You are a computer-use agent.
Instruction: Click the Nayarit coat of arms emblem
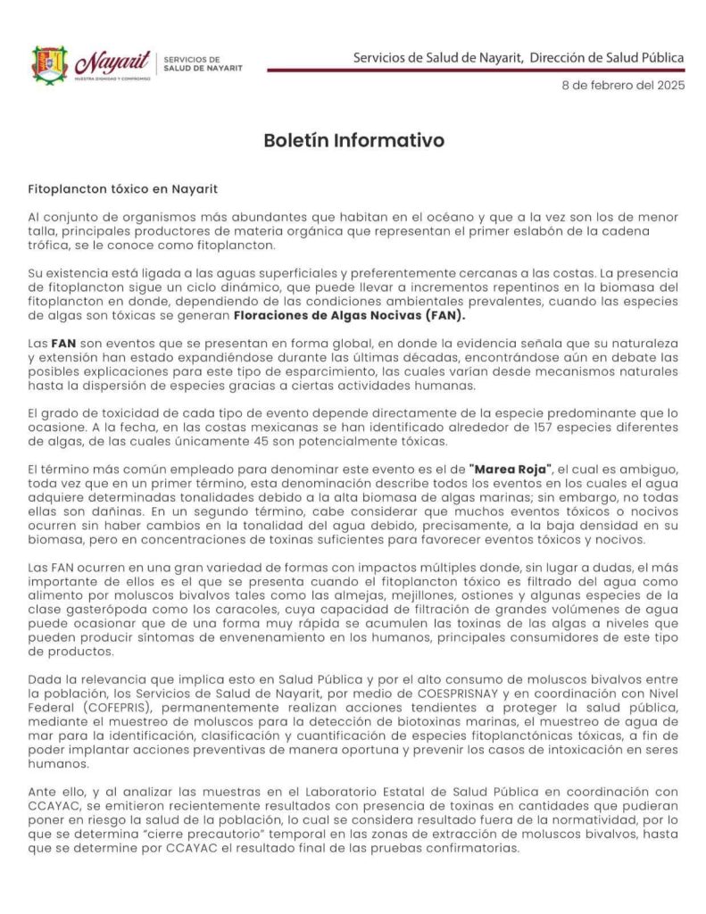pyautogui.click(x=50, y=63)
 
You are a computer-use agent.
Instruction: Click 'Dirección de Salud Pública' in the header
pyautogui.click(x=607, y=58)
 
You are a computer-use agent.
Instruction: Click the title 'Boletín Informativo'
pyautogui.click(x=353, y=141)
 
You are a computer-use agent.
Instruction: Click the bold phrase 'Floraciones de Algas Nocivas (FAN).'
pyautogui.click(x=351, y=316)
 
